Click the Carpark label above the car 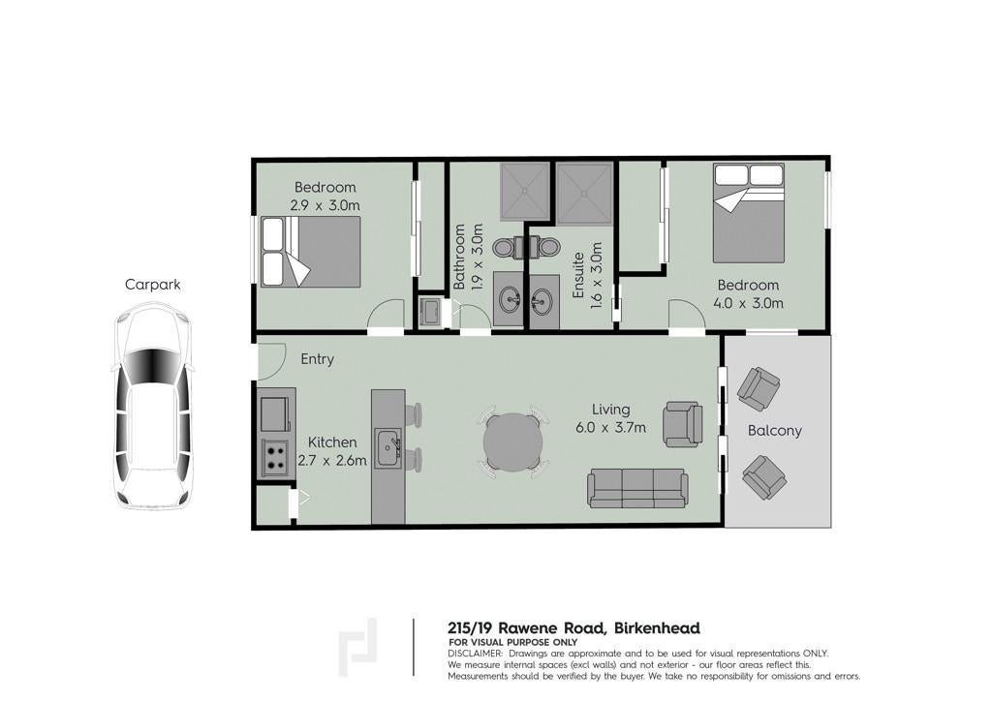tap(152, 285)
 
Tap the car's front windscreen tap(152, 367)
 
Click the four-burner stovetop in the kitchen tap(275, 458)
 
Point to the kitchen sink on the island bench tap(387, 448)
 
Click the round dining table tap(513, 442)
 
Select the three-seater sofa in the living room tap(637, 488)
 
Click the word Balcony tap(774, 431)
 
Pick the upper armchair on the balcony tap(759, 388)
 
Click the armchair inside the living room tap(683, 424)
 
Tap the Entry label tap(317, 359)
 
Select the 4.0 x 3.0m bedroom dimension tap(749, 303)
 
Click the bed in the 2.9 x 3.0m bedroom tap(311, 252)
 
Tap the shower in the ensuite tap(584, 194)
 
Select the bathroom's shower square tap(524, 192)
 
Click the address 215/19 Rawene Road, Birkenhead tap(573, 628)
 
